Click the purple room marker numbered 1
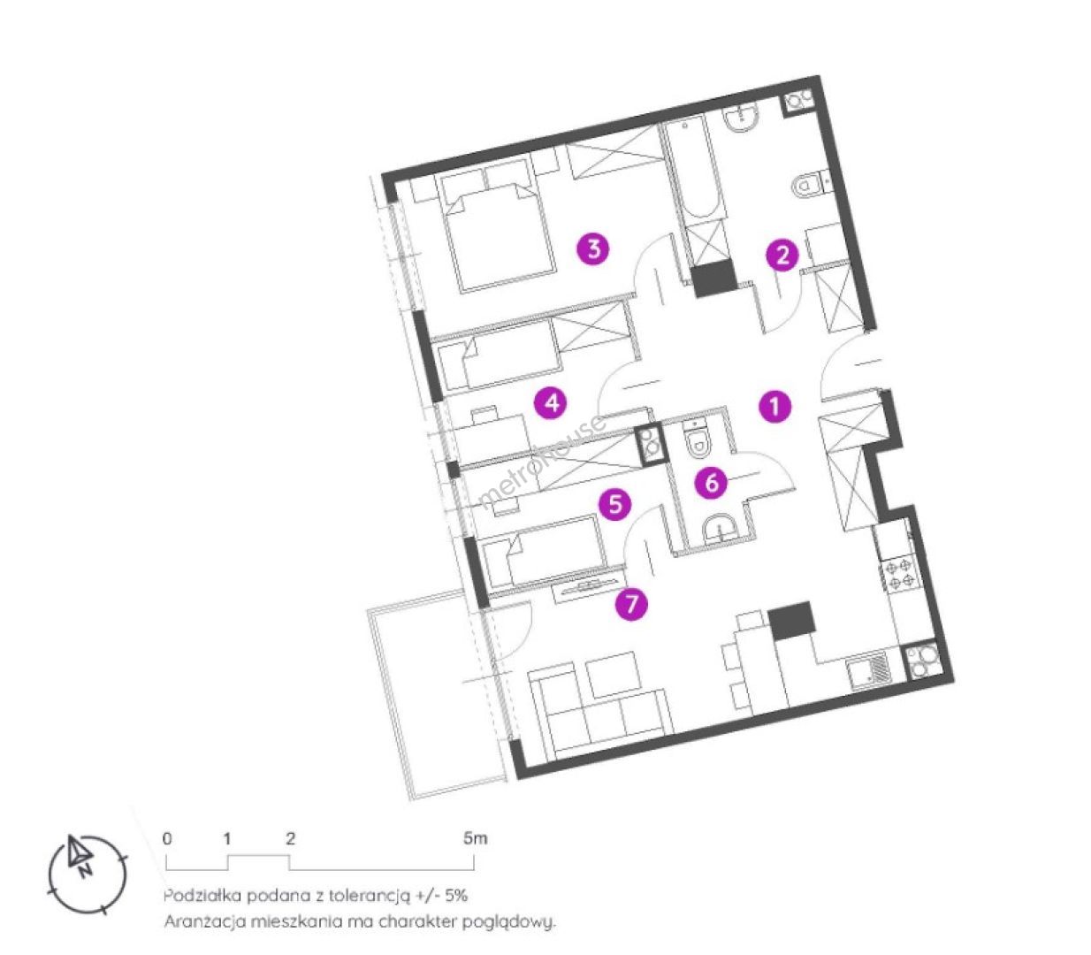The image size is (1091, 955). pyautogui.click(x=774, y=408)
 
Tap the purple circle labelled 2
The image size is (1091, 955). pyautogui.click(x=782, y=256)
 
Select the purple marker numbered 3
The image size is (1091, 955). pyautogui.click(x=593, y=248)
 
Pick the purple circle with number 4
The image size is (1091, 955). pyautogui.click(x=552, y=402)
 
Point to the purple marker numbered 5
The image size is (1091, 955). pyautogui.click(x=614, y=504)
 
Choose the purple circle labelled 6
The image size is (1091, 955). pyautogui.click(x=711, y=483)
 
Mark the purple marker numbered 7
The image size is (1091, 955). pyautogui.click(x=631, y=605)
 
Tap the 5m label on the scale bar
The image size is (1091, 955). pyautogui.click(x=475, y=839)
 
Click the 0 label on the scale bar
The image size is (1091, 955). pyautogui.click(x=167, y=839)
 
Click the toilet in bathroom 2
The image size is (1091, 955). pyautogui.click(x=808, y=186)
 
